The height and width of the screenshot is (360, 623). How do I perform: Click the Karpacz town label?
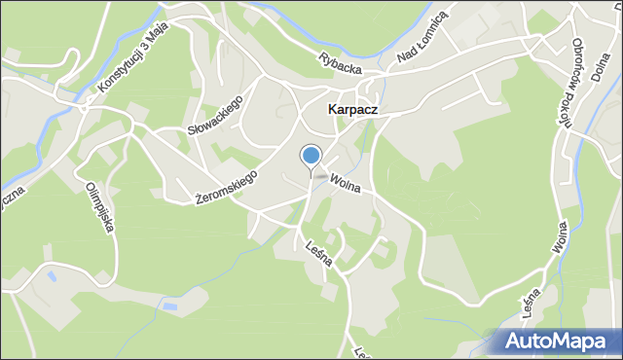click(x=351, y=111)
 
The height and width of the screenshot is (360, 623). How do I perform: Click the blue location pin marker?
click(x=311, y=157)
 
